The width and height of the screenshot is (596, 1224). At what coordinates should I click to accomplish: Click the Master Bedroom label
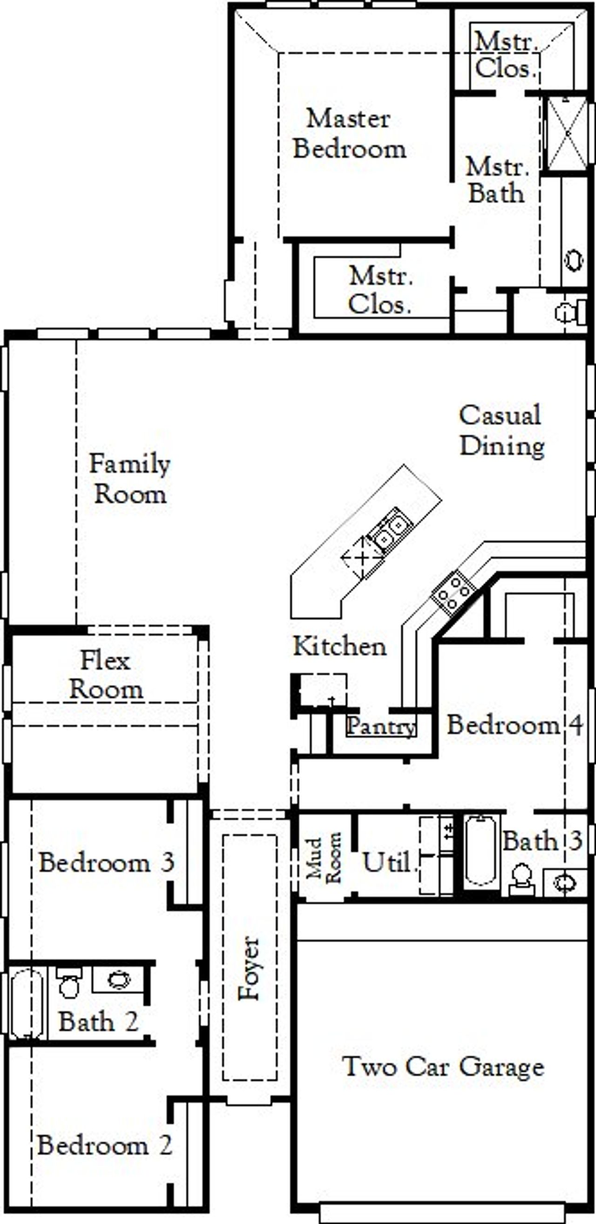click(349, 134)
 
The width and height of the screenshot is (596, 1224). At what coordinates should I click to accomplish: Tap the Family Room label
click(129, 479)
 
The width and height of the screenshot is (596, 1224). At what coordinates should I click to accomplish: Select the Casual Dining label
click(501, 431)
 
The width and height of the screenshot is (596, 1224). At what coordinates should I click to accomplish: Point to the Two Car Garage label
click(442, 1067)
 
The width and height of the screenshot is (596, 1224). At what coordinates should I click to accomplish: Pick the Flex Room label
click(106, 675)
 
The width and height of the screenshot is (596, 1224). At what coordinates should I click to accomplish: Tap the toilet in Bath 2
click(69, 985)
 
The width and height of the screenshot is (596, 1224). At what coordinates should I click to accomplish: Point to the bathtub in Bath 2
click(26, 1003)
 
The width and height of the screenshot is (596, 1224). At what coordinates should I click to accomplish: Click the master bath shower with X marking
click(568, 134)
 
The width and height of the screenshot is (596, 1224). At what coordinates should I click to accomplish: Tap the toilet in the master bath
click(570, 312)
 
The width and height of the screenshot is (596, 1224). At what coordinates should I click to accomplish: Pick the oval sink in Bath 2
click(118, 979)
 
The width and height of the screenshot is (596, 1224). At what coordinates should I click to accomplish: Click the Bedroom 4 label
click(514, 725)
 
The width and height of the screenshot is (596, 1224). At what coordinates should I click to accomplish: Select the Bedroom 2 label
click(105, 1145)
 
